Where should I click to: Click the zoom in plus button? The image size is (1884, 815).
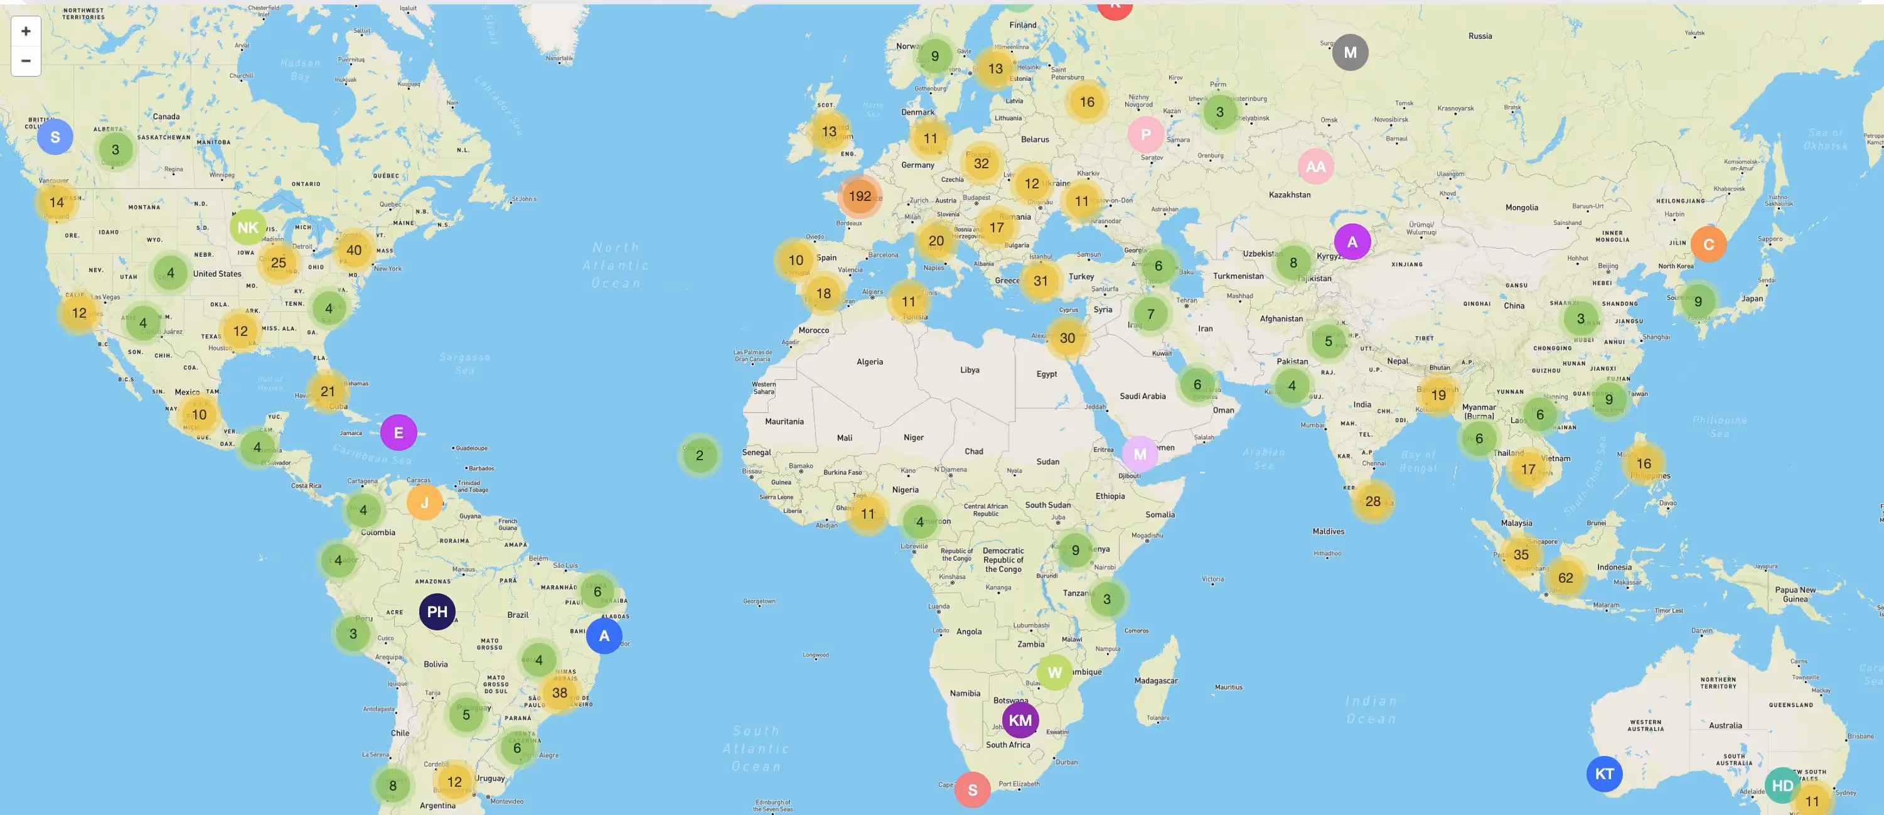[x=26, y=31]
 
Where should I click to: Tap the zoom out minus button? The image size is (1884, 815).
[x=26, y=61]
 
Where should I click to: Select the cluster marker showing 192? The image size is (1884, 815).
[x=859, y=196]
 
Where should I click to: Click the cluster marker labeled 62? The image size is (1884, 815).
[x=1565, y=577]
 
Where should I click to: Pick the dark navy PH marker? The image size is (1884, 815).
[x=437, y=612]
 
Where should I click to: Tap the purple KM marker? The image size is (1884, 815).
[x=1020, y=720]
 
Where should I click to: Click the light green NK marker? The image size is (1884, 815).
[x=248, y=227]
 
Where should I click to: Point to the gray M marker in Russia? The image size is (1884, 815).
[x=1350, y=53]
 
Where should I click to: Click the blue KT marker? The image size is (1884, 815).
[x=1604, y=774]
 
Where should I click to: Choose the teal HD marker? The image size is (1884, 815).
[x=1782, y=785]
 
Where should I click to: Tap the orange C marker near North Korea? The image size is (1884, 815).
[x=1708, y=244]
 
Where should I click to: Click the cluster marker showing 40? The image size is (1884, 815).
[x=354, y=250]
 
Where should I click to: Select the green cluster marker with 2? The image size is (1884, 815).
[x=699, y=455]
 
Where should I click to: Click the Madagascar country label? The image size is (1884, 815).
[x=1155, y=681]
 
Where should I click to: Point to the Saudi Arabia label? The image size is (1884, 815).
[x=1142, y=396]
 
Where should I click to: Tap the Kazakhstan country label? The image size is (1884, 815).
[x=1290, y=195]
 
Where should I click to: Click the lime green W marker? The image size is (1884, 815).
[x=1054, y=672]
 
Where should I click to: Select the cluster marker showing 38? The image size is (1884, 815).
[x=560, y=692]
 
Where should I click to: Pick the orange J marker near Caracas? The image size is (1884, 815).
[x=424, y=502]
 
